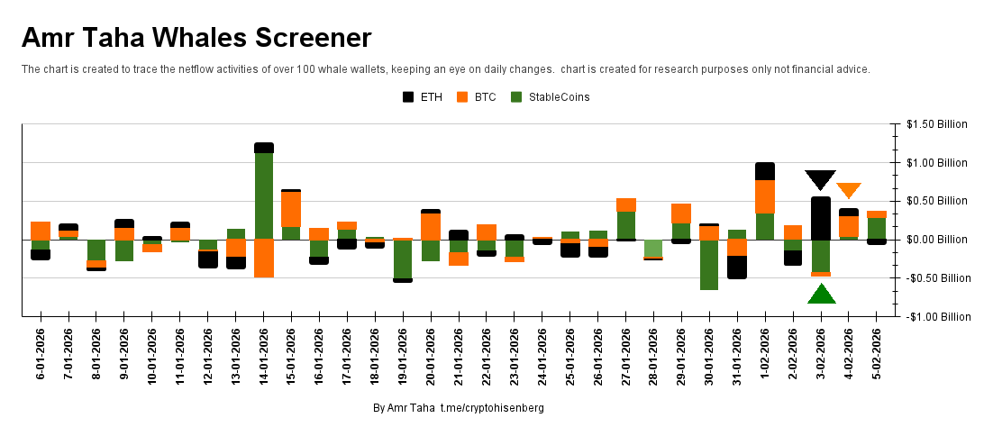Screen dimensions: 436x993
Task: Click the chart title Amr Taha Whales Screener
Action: coord(196,38)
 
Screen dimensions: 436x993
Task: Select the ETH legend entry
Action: coord(424,97)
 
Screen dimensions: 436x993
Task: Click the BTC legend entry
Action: coord(478,97)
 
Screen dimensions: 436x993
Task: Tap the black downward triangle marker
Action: coord(820,179)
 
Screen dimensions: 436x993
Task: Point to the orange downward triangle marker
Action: coord(848,189)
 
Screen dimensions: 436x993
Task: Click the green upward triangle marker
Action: coord(821,295)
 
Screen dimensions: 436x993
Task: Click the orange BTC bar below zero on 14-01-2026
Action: coord(264,258)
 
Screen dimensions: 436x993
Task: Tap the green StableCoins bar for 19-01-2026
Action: coord(403,259)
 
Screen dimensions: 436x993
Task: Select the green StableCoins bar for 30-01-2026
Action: coord(709,264)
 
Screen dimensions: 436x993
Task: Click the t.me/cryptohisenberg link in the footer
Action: coord(492,408)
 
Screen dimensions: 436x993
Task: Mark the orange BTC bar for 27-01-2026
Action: coord(626,204)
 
